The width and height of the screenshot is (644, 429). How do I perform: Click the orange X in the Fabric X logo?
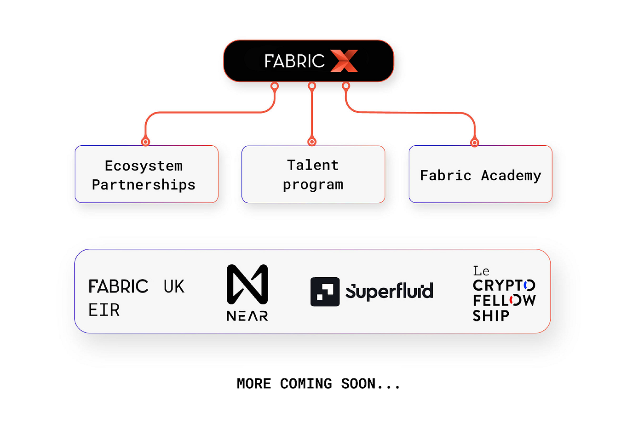click(344, 61)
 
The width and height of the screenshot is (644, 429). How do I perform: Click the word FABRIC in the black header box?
click(294, 61)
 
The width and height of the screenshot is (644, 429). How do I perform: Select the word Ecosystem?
click(144, 166)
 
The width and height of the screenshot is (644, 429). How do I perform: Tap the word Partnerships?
click(144, 185)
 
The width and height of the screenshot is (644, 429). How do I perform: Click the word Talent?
click(313, 165)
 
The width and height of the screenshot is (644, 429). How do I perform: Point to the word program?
click(313, 185)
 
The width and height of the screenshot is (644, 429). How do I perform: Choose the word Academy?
click(511, 176)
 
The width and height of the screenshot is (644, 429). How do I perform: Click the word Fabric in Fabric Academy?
click(445, 176)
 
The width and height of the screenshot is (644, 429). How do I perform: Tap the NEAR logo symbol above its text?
click(247, 284)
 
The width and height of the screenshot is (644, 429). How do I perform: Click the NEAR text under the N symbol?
click(247, 316)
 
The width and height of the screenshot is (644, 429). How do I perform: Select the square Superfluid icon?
click(325, 292)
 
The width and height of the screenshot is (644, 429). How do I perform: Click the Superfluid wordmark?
click(389, 291)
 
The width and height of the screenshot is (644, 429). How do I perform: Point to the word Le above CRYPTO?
click(481, 271)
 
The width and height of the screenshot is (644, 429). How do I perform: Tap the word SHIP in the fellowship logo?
click(491, 316)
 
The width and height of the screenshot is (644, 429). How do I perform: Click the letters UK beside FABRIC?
click(174, 287)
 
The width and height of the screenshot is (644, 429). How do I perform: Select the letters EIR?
click(104, 310)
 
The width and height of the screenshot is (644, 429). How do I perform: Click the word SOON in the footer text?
click(358, 383)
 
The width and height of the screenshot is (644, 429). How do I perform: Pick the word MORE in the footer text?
click(253, 383)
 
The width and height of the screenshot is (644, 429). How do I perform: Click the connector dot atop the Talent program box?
click(312, 142)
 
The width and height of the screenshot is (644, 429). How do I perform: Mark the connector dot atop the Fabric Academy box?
click(474, 143)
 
